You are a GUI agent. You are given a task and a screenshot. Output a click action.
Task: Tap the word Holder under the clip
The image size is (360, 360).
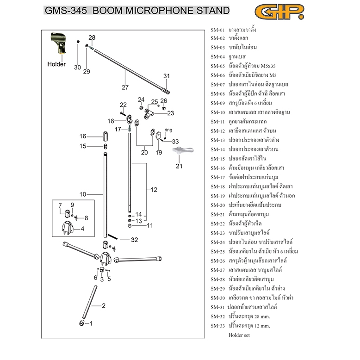point(56,64)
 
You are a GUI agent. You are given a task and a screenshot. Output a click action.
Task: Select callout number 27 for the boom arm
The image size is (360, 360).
point(124,87)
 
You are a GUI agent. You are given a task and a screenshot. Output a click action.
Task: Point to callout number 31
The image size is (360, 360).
point(167,76)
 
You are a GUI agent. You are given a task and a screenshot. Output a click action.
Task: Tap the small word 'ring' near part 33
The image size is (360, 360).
point(168,130)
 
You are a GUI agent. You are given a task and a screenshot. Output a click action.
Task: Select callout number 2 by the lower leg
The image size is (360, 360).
point(104,305)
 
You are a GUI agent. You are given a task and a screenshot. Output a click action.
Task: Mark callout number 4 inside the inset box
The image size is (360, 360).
point(82,229)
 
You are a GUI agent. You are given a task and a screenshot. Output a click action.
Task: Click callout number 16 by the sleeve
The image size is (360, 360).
point(83,136)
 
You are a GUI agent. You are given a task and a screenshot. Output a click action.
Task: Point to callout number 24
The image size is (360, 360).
point(141,99)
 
